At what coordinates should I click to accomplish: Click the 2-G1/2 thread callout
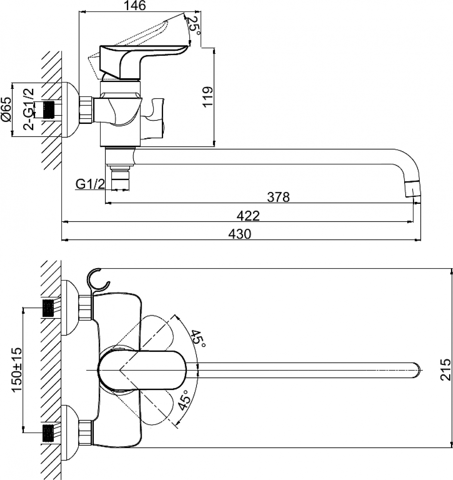coord(29,109)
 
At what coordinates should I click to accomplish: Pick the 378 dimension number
coord(278,197)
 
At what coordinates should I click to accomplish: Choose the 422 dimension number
coord(248,216)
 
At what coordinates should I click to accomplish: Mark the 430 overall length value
coord(239,234)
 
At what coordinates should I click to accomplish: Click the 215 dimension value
coord(445,370)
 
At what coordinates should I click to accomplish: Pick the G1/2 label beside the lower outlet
coord(90,184)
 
